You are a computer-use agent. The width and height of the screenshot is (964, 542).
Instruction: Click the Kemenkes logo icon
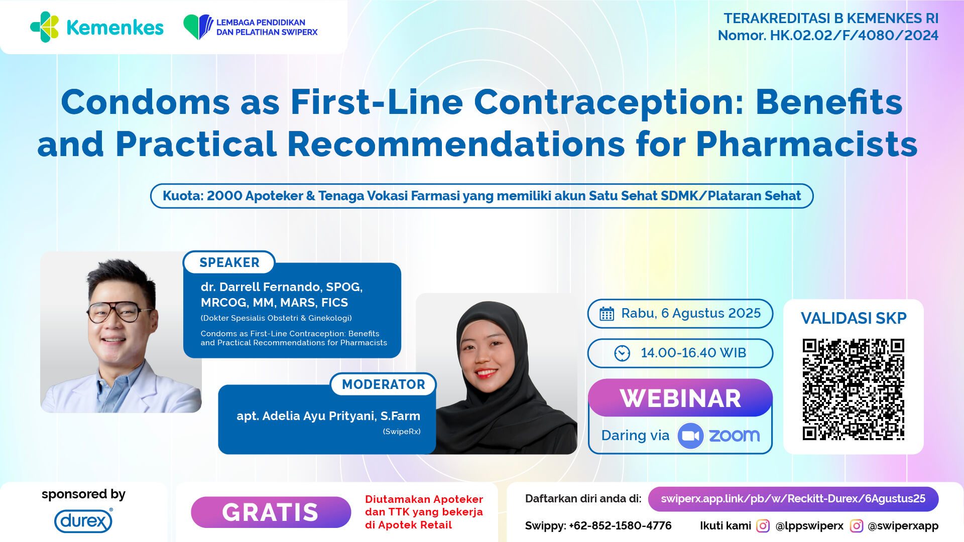[x=44, y=27]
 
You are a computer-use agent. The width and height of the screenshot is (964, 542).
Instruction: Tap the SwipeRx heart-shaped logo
[x=198, y=27]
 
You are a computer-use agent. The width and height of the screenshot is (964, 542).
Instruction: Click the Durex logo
[x=83, y=521]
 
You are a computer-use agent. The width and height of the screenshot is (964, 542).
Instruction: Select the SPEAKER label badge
[x=229, y=262]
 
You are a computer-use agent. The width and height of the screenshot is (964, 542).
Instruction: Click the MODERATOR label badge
[x=384, y=384]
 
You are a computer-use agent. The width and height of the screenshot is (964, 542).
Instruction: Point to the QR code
[x=853, y=389]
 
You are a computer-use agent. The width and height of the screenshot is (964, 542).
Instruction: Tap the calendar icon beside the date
[x=607, y=314]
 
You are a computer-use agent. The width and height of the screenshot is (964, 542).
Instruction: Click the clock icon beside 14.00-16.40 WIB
[x=622, y=353]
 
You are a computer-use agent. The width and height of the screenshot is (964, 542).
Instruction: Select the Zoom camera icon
[x=690, y=436]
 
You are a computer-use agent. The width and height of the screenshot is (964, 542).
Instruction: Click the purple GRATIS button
[x=271, y=512]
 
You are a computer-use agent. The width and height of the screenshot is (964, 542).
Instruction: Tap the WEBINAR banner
[x=680, y=398]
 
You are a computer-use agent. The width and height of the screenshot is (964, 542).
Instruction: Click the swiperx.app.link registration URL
[x=793, y=499]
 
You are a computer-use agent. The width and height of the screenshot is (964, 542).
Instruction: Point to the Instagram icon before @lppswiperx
[x=763, y=525]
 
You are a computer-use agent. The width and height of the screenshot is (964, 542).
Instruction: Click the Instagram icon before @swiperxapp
[x=857, y=525]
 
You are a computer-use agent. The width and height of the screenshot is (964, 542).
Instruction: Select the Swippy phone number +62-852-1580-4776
[x=620, y=525]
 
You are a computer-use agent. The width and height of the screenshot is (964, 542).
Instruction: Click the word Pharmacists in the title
[x=807, y=144]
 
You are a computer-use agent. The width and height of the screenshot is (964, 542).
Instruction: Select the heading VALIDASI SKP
[x=854, y=318]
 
